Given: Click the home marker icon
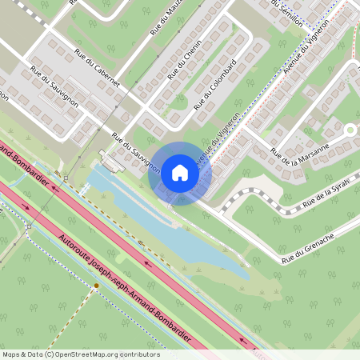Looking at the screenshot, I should coord(179,172).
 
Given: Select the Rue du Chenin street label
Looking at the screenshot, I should coord(184,62).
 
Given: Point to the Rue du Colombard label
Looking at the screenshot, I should coord(214,83).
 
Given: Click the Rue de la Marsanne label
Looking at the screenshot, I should coord(300,149).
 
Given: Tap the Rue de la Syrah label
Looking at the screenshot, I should coord(329,198).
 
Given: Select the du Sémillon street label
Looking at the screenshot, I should coord(290,14).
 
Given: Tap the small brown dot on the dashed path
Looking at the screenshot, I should coord(96,286).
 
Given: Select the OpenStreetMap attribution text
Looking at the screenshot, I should coord(80,354).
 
